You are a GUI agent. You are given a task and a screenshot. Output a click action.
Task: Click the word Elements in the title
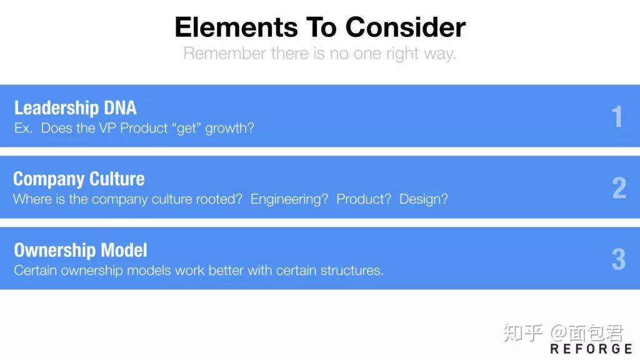click(x=236, y=27)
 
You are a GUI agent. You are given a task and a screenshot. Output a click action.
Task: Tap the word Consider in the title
click(x=405, y=27)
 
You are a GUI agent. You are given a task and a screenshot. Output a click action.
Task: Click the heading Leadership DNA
click(x=76, y=107)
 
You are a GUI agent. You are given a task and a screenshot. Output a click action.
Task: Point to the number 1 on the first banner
click(x=617, y=116)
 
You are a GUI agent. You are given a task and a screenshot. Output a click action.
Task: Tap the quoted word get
click(x=186, y=129)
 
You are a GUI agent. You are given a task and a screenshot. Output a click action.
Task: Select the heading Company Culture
click(x=79, y=179)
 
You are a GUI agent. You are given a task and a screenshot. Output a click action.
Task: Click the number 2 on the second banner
click(x=619, y=187)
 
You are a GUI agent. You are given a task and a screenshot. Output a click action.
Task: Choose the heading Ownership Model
click(x=81, y=250)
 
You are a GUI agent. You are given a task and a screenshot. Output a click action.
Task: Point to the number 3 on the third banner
click(x=619, y=259)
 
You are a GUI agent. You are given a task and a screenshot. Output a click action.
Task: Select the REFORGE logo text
click(x=591, y=349)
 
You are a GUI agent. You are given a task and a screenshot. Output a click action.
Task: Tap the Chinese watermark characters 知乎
click(x=523, y=333)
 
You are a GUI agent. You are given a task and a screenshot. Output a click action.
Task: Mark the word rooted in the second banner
click(x=219, y=199)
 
